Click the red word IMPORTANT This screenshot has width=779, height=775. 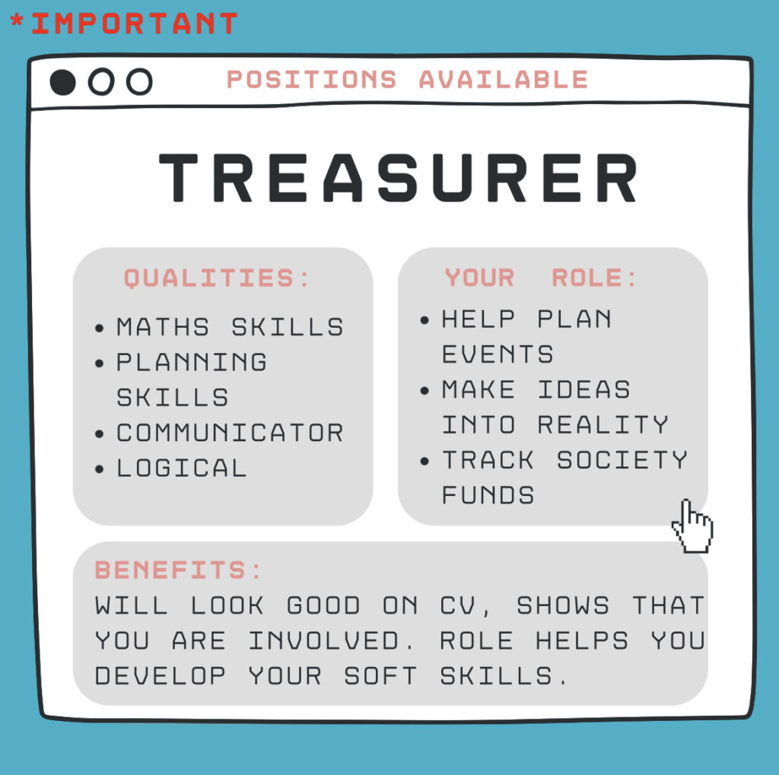tap(134, 24)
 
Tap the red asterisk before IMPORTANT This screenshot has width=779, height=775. tap(17, 21)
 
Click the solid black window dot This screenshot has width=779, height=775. tap(63, 82)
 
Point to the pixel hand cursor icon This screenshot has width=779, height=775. tap(692, 526)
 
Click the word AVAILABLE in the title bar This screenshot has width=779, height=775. tap(504, 80)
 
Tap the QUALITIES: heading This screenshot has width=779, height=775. tap(217, 278)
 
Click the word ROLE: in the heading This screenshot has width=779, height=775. tap(594, 277)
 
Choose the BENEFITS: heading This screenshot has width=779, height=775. tap(177, 570)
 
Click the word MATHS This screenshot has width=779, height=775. tap(163, 327)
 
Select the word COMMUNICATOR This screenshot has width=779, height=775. tap(230, 433)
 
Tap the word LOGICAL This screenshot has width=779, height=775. tap(181, 468)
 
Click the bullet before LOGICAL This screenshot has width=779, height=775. tap(100, 469)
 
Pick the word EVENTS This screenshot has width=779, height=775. tap(498, 354)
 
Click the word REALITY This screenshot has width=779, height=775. tap(603, 424)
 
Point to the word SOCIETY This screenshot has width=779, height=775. tap(622, 460)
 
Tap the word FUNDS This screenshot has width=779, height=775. tap(488, 495)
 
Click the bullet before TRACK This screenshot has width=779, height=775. tap(424, 462)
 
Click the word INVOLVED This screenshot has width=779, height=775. tap(323, 641)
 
